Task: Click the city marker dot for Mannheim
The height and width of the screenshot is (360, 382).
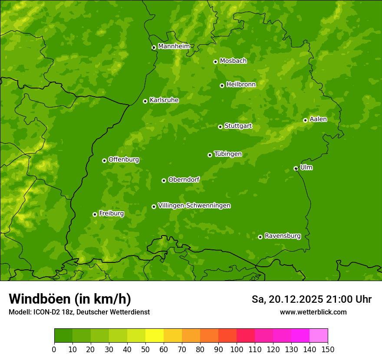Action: pos(154,48)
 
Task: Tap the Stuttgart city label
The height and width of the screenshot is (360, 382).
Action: pos(238,126)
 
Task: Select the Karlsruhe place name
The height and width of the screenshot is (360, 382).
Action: pos(164,100)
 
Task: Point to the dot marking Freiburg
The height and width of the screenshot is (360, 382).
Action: pos(95,214)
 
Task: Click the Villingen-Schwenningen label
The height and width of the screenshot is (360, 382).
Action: pos(194,206)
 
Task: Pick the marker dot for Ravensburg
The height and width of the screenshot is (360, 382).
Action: pos(260,237)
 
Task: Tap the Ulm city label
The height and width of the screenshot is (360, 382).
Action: pos(306,167)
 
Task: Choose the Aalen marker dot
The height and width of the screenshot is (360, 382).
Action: pos(305,120)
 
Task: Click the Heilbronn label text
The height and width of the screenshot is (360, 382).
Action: pos(241,85)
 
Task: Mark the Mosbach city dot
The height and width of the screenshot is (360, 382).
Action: pos(215,62)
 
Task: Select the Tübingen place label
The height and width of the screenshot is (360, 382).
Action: pos(227,154)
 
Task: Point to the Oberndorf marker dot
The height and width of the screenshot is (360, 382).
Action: pos(164,180)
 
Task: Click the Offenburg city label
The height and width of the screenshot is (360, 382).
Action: pos(124,160)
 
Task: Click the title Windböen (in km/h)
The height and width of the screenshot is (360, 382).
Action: pos(70,299)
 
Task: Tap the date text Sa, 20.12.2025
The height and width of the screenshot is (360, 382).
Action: pos(287,299)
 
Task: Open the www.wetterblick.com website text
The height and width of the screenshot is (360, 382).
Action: pos(313,312)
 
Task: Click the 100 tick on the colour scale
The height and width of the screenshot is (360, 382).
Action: pos(237,349)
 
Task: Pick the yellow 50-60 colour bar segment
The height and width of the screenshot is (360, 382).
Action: pos(155,336)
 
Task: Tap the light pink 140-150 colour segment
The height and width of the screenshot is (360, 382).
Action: pos(319,336)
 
